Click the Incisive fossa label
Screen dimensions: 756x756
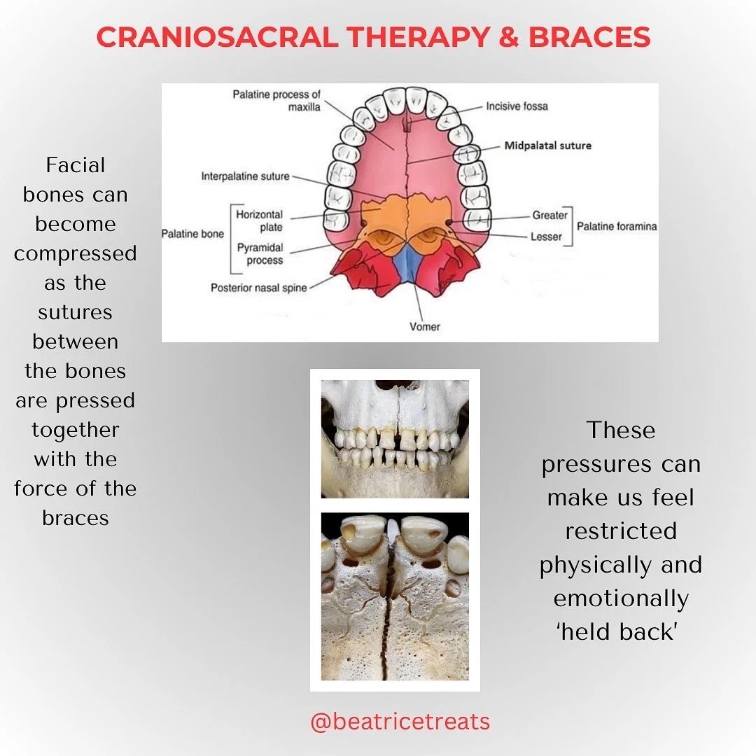[x=517, y=106]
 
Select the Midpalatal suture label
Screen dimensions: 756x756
[x=547, y=146]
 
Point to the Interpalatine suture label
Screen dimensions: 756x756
[x=245, y=176]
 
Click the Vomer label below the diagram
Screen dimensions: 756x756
[x=424, y=326]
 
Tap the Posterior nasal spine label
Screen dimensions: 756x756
[x=258, y=288]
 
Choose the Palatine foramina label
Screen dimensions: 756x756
[x=617, y=227]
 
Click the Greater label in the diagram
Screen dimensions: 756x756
[x=549, y=216]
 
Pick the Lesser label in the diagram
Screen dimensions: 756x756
[x=547, y=237]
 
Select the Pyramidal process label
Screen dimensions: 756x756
[x=260, y=254]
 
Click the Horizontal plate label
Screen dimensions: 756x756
[x=259, y=220]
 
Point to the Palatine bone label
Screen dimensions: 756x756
[x=192, y=234]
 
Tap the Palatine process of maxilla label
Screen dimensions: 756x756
[x=276, y=101]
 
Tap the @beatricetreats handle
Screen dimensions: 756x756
[x=400, y=722]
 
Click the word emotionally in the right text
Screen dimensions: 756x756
[x=621, y=598]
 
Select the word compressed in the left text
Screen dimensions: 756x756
[x=76, y=253]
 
